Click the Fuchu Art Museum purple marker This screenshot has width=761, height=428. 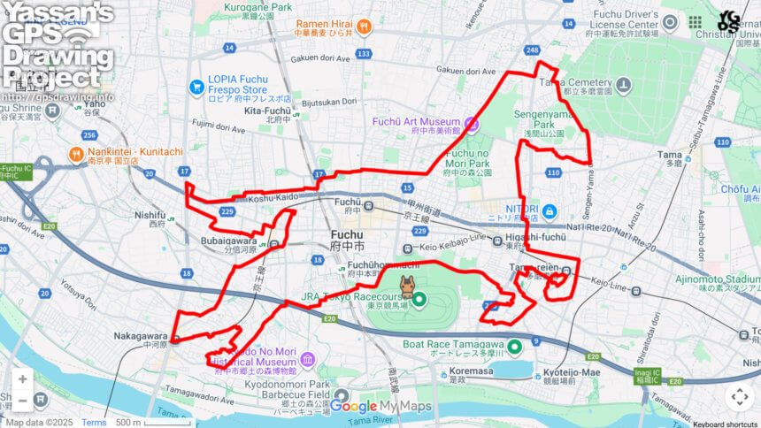pos(472,124)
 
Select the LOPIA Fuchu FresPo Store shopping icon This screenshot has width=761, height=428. pos(196,87)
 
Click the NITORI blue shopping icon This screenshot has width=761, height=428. pos(549,211)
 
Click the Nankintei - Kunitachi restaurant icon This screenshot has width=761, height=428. pos(77,156)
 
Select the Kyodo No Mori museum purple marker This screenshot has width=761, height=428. pos(307,359)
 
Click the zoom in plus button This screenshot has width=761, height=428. pos(22,379)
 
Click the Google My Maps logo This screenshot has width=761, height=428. pos(380,406)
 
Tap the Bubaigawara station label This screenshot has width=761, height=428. pos(228,239)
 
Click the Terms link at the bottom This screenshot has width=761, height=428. pos(94,422)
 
